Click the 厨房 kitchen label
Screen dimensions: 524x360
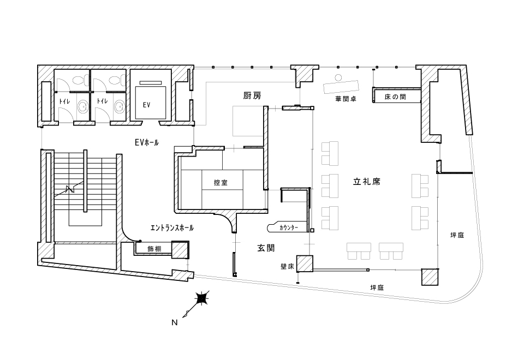(x=252, y=96)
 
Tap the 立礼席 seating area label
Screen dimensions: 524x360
(x=367, y=182)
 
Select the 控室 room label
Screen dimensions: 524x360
(x=221, y=183)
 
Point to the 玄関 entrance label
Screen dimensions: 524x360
(x=266, y=248)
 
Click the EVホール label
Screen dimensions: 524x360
(x=147, y=142)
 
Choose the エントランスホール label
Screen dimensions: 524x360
(x=172, y=228)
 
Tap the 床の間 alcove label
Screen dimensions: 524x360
(x=395, y=97)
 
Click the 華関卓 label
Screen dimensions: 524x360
(x=346, y=99)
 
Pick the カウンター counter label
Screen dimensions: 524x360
(x=289, y=228)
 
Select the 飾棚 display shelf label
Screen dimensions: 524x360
(x=154, y=249)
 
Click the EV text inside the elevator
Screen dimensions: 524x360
(x=146, y=105)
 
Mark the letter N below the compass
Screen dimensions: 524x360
(x=175, y=322)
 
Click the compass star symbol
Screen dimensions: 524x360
(x=202, y=298)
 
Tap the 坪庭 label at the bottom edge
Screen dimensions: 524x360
(x=377, y=287)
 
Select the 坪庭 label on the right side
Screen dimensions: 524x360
(x=457, y=235)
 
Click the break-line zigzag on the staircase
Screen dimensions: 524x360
(x=70, y=189)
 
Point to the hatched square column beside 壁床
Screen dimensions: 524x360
(x=305, y=263)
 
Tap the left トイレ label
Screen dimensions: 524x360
(x=64, y=101)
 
